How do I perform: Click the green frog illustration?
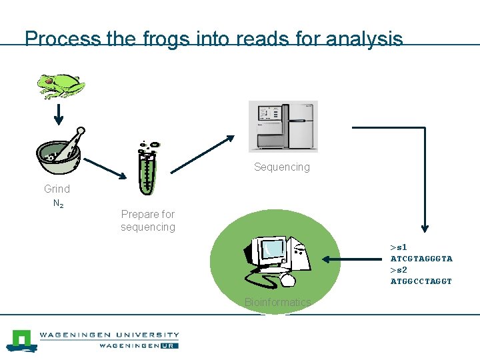click(61, 85)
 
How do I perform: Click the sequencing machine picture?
click(283, 127)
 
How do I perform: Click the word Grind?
click(57, 189)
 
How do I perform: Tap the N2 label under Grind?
click(58, 204)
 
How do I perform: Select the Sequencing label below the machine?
click(281, 167)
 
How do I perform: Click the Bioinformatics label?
click(277, 302)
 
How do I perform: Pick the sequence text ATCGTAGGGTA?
click(421, 259)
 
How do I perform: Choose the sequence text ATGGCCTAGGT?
click(421, 281)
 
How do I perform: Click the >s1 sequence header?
click(398, 247)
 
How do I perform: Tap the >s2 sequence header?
click(398, 270)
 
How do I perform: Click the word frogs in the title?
click(165, 39)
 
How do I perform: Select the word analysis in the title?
click(365, 39)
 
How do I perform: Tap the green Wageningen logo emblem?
click(21, 339)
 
